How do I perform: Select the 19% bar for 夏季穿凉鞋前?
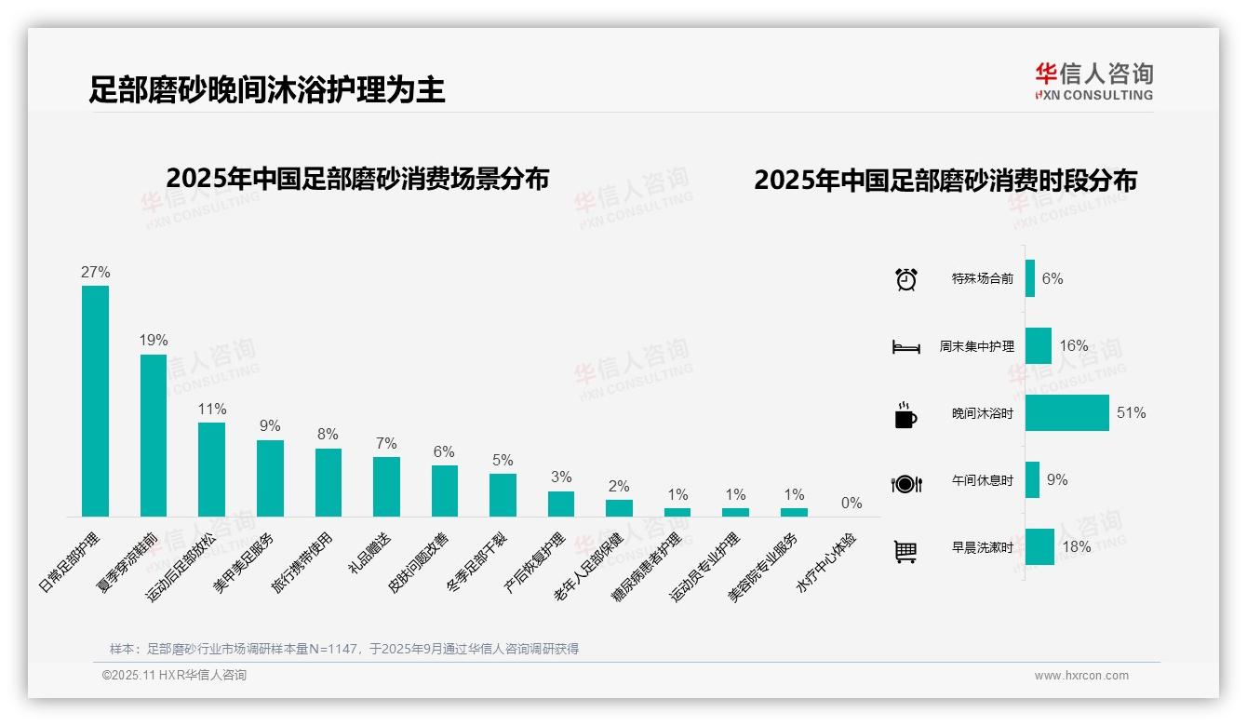pyautogui.click(x=154, y=435)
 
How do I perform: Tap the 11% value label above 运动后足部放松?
pyautogui.click(x=212, y=410)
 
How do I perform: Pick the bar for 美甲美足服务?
pyautogui.click(x=270, y=477)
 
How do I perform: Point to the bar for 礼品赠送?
pyautogui.click(x=386, y=486)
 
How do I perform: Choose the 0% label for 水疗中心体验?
pyautogui.click(x=851, y=504)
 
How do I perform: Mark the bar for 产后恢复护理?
pyautogui.click(x=561, y=504)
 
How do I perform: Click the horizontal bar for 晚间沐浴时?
pyautogui.click(x=1066, y=413)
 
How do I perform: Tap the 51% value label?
pyautogui.click(x=1132, y=413)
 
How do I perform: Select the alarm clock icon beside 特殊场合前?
pyautogui.click(x=906, y=279)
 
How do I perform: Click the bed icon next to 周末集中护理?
pyautogui.click(x=906, y=347)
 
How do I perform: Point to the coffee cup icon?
pyautogui.click(x=905, y=415)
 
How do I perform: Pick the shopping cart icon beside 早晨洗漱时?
pyautogui.click(x=905, y=551)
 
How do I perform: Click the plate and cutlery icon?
pyautogui.click(x=906, y=483)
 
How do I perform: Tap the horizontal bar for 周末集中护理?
pyautogui.click(x=1039, y=346)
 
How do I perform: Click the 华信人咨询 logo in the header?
pyautogui.click(x=1093, y=82)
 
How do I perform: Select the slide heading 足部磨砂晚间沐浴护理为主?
pyautogui.click(x=267, y=89)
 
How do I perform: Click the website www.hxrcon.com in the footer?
pyautogui.click(x=1081, y=676)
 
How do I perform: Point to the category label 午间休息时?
pyautogui.click(x=983, y=481)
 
